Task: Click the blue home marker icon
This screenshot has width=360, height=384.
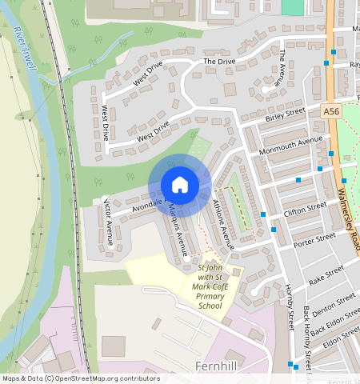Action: [180, 185]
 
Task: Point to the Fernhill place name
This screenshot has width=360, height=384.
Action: [218, 366]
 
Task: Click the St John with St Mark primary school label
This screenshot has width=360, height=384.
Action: [208, 286]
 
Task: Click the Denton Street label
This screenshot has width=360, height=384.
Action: [334, 304]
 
